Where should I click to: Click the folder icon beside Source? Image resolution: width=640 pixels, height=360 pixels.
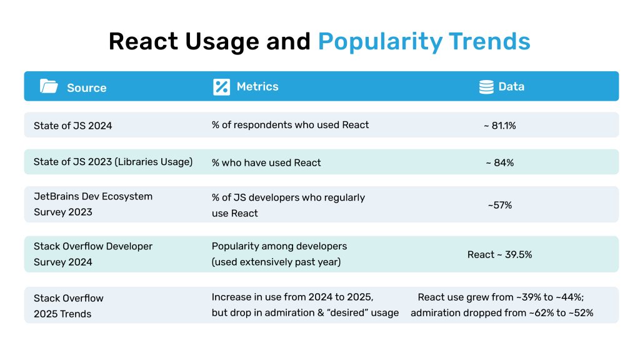pyautogui.click(x=49, y=86)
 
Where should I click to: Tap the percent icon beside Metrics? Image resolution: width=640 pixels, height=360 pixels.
pyautogui.click(x=221, y=87)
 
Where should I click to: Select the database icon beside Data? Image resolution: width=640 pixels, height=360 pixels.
pyautogui.click(x=486, y=87)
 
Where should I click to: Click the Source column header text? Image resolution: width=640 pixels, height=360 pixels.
pyautogui.click(x=86, y=87)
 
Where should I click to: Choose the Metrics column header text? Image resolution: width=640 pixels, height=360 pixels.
pyautogui.click(x=257, y=87)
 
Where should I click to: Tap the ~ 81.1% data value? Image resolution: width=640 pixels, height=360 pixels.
pyautogui.click(x=499, y=126)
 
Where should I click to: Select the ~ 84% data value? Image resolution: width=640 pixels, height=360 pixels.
pyautogui.click(x=499, y=162)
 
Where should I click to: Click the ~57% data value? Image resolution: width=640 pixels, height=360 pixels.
pyautogui.click(x=499, y=205)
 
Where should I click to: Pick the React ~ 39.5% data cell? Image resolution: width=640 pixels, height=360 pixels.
pyautogui.click(x=499, y=254)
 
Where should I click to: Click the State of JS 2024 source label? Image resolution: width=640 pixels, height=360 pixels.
pyautogui.click(x=72, y=126)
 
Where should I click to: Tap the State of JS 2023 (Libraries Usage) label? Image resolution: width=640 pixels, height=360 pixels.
pyautogui.click(x=113, y=162)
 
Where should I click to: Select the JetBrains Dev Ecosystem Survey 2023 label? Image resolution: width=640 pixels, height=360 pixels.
pyautogui.click(x=92, y=204)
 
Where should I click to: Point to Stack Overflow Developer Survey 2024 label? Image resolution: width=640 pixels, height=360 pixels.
pyautogui.click(x=92, y=254)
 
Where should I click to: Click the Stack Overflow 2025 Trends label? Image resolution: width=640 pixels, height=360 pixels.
pyautogui.click(x=68, y=306)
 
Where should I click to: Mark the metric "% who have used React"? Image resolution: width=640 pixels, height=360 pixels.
pyautogui.click(x=266, y=162)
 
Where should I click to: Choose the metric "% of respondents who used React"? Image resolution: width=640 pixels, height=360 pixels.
pyautogui.click(x=290, y=125)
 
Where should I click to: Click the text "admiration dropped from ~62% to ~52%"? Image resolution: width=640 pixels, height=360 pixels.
pyautogui.click(x=501, y=312)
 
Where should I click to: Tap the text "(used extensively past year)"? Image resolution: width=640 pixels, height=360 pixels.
pyautogui.click(x=276, y=262)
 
